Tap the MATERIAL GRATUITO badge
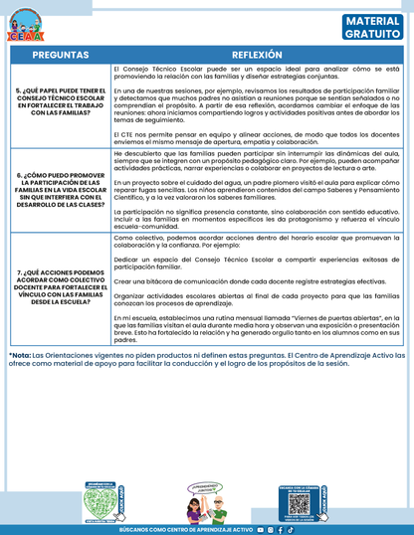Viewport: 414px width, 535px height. (373, 27)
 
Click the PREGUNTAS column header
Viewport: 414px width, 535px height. (59, 54)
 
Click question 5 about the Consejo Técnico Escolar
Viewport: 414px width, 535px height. (59, 102)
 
